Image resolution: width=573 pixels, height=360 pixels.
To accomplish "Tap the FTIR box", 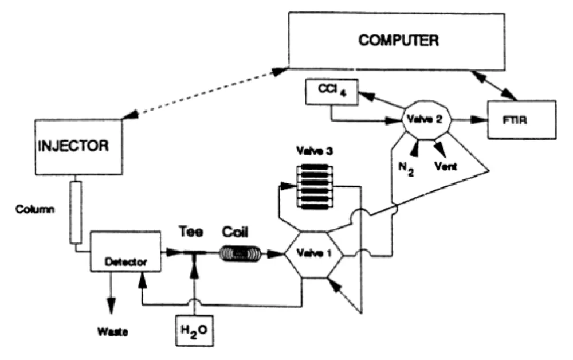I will click(522, 119).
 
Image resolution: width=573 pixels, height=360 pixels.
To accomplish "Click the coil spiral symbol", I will click(241, 253).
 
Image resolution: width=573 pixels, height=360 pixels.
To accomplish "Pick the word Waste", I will click(112, 331).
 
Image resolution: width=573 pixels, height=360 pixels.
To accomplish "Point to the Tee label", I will click(190, 232).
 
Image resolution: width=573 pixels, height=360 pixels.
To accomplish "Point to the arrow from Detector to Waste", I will click(112, 295).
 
